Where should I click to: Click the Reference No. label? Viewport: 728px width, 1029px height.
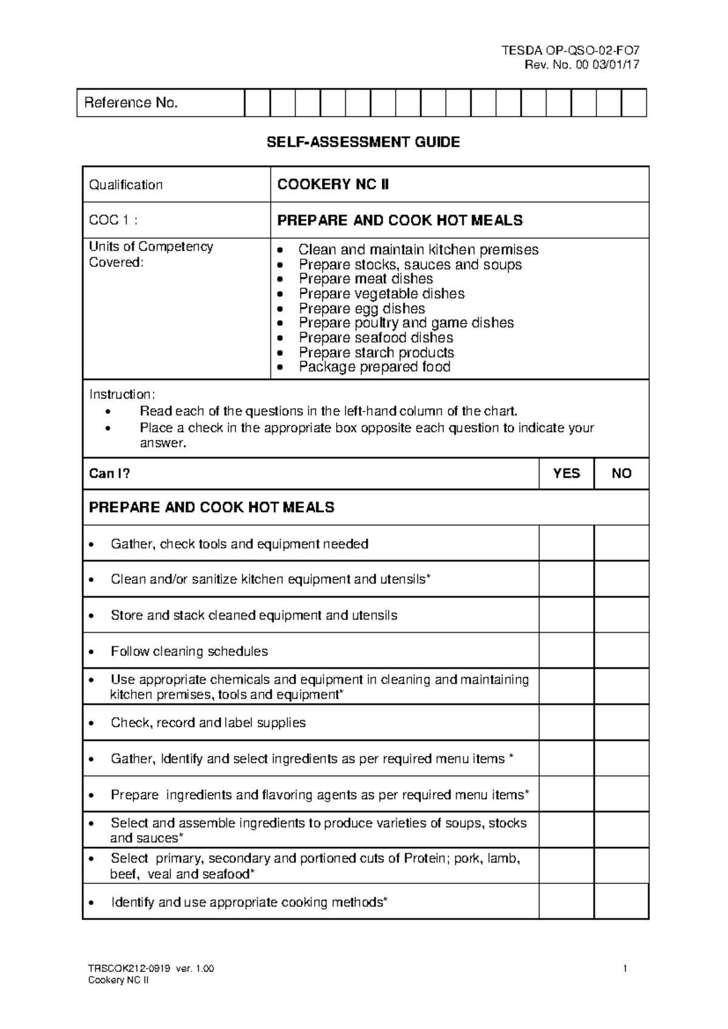coord(131,103)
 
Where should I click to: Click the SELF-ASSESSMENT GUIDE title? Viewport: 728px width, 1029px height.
coord(364,143)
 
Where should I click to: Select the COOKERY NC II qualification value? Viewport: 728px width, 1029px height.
coord(333,184)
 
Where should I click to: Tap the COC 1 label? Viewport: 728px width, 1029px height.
coord(113,220)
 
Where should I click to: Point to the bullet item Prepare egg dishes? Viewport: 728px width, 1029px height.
coord(362,308)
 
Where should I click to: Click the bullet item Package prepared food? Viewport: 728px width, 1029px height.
coord(374,367)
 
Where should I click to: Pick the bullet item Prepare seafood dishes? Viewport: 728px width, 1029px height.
coord(376,338)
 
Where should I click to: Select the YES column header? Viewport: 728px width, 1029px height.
coord(566,473)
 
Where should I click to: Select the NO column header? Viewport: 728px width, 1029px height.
coord(622,473)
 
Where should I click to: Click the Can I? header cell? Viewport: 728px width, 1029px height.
coord(110,473)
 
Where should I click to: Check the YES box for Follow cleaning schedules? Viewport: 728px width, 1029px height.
coord(566,651)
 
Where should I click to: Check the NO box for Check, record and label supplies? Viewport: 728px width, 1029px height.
coord(622,723)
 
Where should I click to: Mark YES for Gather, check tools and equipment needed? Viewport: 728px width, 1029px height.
coord(566,544)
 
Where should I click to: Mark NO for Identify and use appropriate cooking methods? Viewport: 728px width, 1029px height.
coord(622,902)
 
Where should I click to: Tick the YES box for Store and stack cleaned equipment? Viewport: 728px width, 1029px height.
coord(566,615)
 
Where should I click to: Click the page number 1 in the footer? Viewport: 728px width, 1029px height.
coord(624,969)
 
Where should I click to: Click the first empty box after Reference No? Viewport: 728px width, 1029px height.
coord(257,103)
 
